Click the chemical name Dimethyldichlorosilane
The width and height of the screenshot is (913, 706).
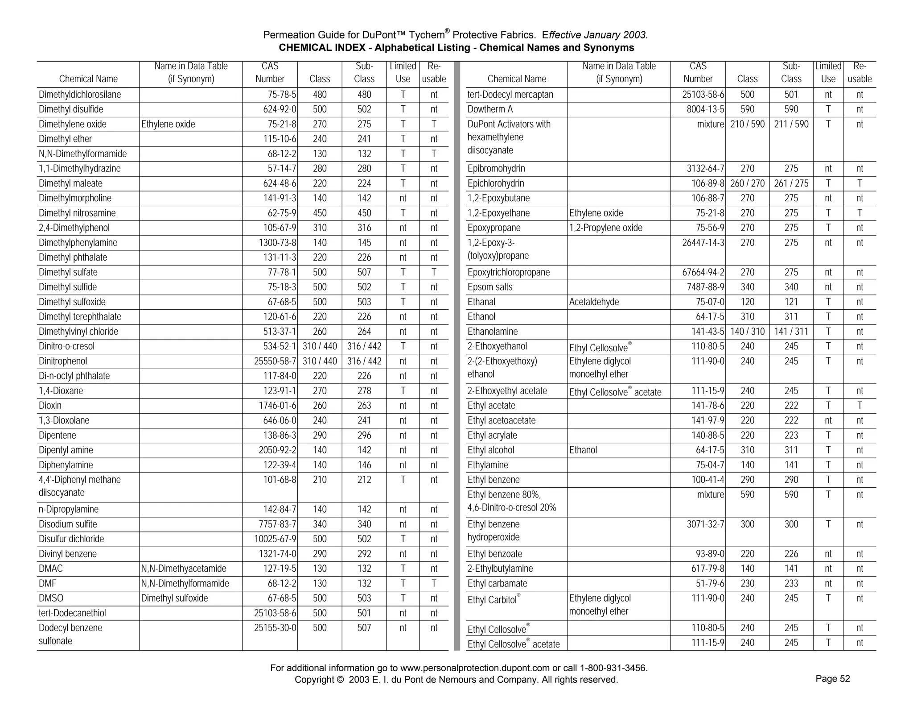click(x=80, y=95)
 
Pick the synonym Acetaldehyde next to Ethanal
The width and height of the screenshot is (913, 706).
click(x=594, y=302)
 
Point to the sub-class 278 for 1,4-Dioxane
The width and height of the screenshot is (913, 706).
click(x=364, y=391)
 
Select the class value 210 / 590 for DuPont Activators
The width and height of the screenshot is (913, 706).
click(x=747, y=124)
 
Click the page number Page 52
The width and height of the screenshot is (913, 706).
click(x=832, y=679)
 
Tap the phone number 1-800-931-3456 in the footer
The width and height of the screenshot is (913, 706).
click(x=613, y=668)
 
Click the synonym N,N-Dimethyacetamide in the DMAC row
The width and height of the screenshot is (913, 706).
click(x=184, y=569)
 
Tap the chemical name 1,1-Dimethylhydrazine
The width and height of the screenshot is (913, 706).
click(x=80, y=169)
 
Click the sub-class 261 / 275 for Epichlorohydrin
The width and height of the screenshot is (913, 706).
click(x=791, y=183)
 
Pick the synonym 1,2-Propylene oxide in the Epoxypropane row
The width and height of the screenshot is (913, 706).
click(x=605, y=228)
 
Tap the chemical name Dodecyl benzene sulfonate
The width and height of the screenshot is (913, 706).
click(x=70, y=634)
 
